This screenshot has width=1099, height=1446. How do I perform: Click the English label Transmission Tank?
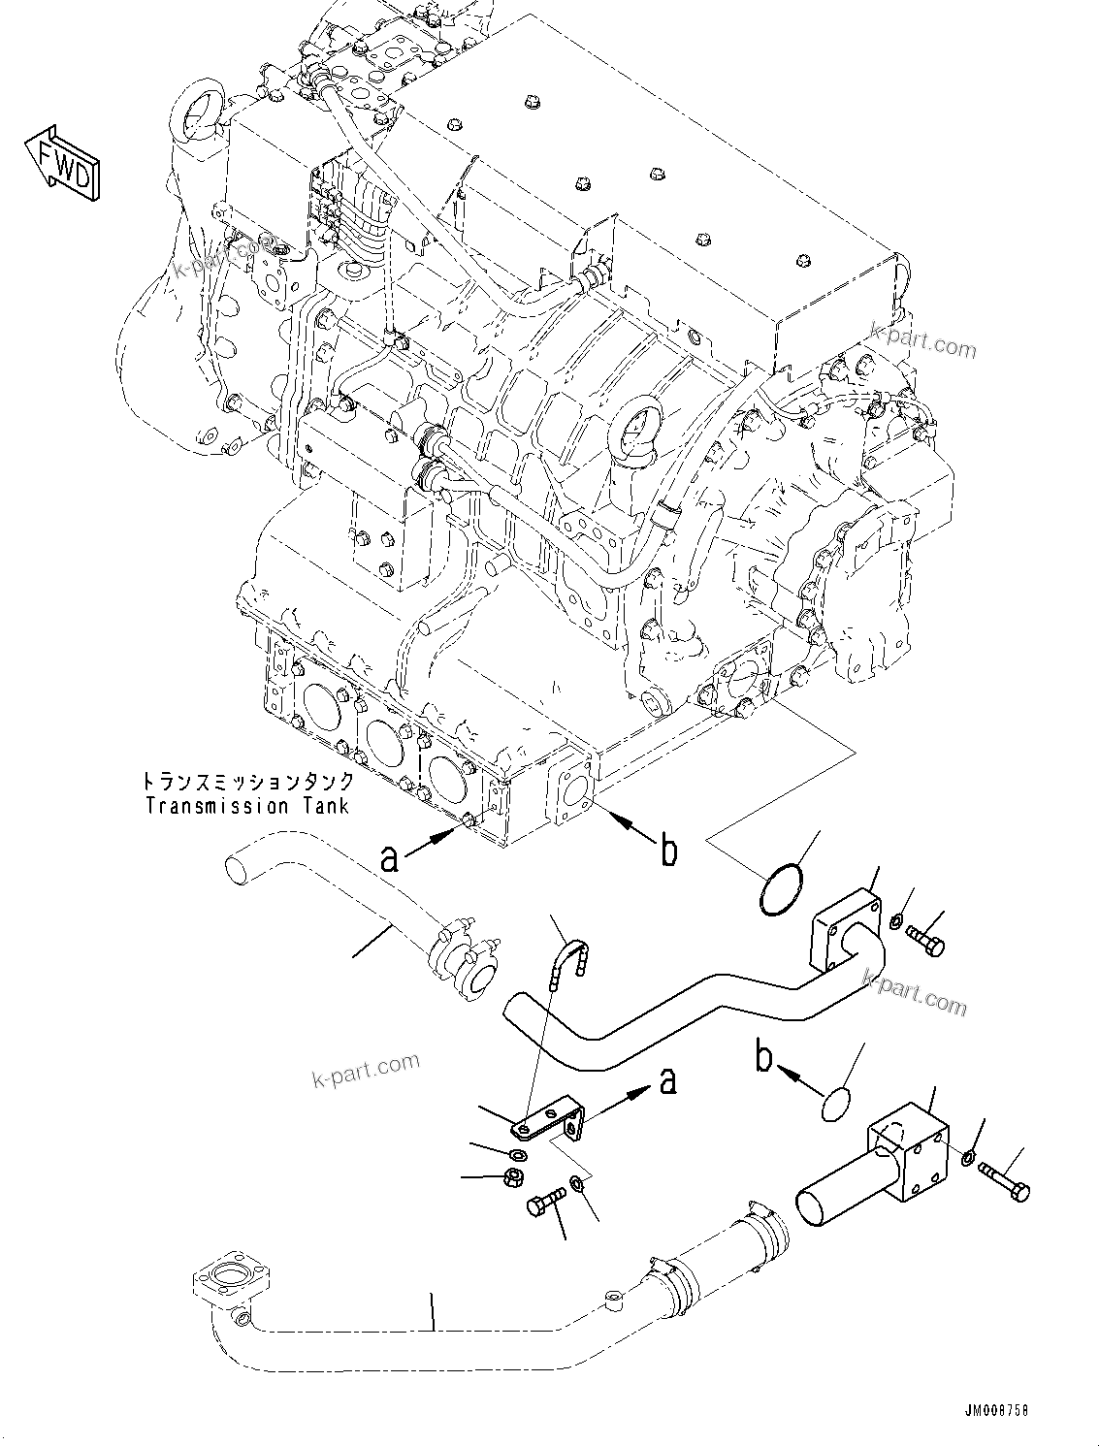tap(246, 806)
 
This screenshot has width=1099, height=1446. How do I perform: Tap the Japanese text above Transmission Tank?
tap(246, 782)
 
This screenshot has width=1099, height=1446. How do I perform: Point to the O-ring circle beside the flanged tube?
tap(781, 891)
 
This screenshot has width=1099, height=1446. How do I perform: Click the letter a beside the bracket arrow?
tap(666, 1079)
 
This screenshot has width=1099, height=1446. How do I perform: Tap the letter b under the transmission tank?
tap(668, 851)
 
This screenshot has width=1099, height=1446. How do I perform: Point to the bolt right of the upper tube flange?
tap(926, 940)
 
